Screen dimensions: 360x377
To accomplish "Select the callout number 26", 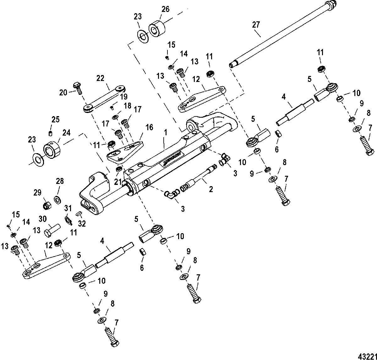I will click(165, 9).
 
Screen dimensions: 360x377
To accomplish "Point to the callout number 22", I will click(100, 79).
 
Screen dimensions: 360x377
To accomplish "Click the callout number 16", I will click(149, 127).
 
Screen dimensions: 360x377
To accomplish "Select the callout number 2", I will click(211, 189).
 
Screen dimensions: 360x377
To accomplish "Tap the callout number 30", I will click(43, 219).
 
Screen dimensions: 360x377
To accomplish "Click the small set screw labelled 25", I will click(51, 134).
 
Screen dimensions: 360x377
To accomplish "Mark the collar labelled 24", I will click(51, 149).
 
